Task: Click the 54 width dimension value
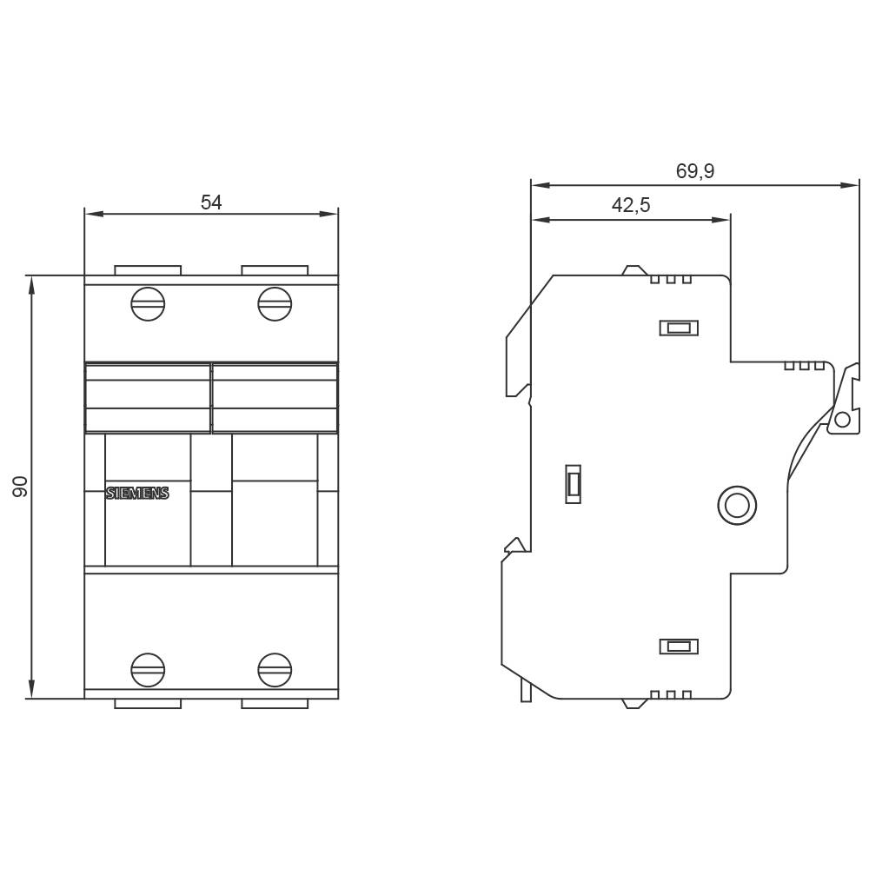click(211, 202)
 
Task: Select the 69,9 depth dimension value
click(694, 171)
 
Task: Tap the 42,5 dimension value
click(631, 206)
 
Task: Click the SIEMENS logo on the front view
click(137, 494)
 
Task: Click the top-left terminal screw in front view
click(148, 303)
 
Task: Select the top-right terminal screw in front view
click(275, 303)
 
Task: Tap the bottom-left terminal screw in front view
click(148, 669)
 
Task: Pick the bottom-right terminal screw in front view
click(275, 669)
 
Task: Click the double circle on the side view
click(736, 505)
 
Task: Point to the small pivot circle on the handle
click(841, 421)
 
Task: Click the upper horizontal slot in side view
click(678, 328)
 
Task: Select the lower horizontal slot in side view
click(678, 646)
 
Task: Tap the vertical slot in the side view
click(573, 483)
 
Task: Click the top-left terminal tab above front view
click(148, 270)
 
